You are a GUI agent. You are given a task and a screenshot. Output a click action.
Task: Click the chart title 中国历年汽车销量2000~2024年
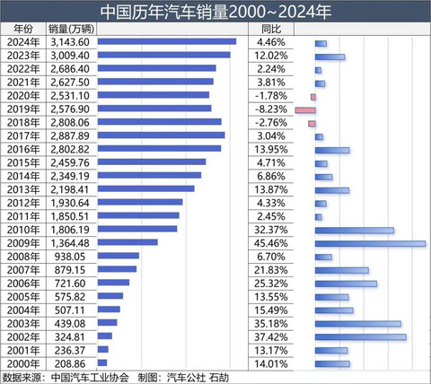[215, 12]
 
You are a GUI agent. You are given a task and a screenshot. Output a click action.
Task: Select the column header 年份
[22, 29]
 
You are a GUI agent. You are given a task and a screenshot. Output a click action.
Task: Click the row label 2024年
[22, 42]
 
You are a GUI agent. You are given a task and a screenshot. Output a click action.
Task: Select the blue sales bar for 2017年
[161, 136]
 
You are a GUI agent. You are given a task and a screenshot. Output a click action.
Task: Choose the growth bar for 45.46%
[370, 243]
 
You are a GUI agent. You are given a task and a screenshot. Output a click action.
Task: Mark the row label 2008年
[22, 257]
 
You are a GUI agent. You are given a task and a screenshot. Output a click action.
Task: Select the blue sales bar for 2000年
[102, 363]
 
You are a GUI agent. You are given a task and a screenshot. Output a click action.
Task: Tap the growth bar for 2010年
[354, 230]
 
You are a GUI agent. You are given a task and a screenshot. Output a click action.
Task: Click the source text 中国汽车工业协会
[90, 377]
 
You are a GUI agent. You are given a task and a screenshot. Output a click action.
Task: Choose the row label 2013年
[22, 189]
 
